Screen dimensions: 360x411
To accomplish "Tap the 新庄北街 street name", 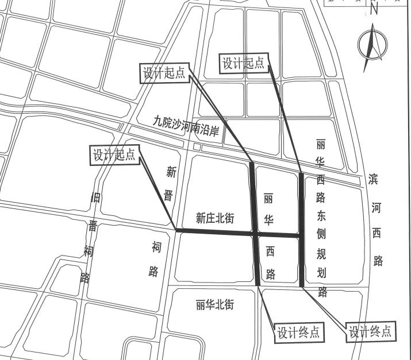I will click(x=216, y=218).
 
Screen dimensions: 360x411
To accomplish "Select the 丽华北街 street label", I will click(x=214, y=305).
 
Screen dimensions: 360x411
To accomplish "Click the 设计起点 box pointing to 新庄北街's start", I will click(x=114, y=154).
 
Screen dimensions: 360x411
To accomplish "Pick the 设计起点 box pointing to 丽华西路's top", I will click(x=166, y=72).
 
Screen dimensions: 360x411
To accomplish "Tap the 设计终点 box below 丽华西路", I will click(x=298, y=332).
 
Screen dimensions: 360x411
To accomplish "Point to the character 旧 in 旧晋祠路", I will click(x=95, y=199).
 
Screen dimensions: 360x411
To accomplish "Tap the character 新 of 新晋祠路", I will click(x=171, y=171).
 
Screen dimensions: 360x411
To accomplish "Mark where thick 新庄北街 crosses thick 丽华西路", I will click(x=255, y=233).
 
